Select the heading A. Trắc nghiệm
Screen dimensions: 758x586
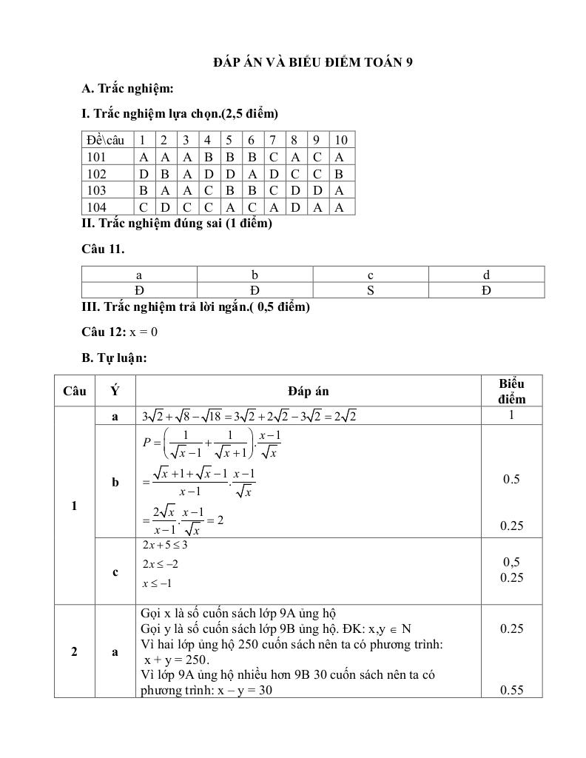pyautogui.click(x=127, y=89)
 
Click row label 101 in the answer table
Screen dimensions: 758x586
pyautogui.click(x=97, y=157)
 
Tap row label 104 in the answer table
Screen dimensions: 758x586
pyautogui.click(x=97, y=207)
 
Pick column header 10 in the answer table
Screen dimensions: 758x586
pyautogui.click(x=340, y=140)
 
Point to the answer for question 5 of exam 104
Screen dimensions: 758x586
pyautogui.click(x=229, y=207)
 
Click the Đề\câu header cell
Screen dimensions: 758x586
pyautogui.click(x=105, y=140)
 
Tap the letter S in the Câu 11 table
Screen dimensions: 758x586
pyautogui.click(x=371, y=290)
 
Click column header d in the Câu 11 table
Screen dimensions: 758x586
pyautogui.click(x=486, y=275)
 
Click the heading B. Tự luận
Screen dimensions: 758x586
pyautogui.click(x=115, y=358)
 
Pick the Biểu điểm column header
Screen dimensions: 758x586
pyautogui.click(x=511, y=391)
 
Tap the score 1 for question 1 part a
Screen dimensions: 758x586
pyautogui.click(x=511, y=415)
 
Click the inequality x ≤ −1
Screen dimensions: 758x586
pyautogui.click(x=157, y=583)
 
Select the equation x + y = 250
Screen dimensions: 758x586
pyautogui.click(x=178, y=660)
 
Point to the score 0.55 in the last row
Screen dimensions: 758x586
pyautogui.click(x=511, y=691)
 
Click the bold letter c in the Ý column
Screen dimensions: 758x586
pyautogui.click(x=115, y=571)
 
